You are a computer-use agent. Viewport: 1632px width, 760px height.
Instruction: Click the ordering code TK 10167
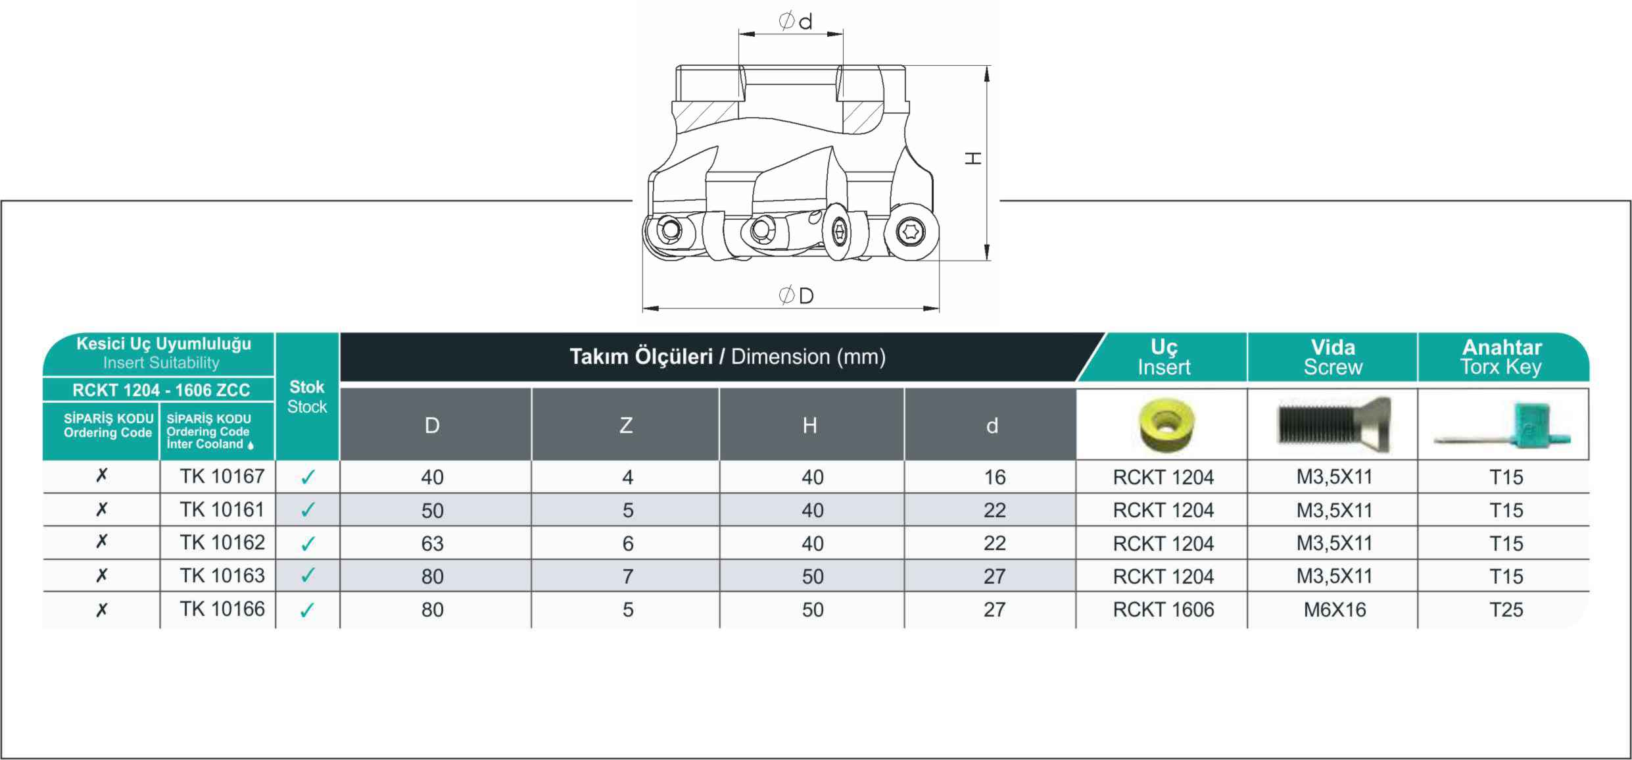[x=222, y=476]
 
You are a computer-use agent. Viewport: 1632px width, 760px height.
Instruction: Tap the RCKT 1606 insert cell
[x=1163, y=610]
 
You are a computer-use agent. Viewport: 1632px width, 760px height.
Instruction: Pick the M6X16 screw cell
[x=1334, y=610]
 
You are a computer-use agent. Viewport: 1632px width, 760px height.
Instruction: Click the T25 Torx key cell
[x=1506, y=610]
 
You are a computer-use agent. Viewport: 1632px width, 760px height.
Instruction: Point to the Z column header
[x=626, y=425]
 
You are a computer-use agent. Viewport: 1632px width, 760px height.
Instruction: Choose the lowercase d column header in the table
[x=992, y=426]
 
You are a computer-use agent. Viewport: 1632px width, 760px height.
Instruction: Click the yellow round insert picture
[x=1167, y=424]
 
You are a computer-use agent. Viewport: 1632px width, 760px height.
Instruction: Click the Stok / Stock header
[x=307, y=397]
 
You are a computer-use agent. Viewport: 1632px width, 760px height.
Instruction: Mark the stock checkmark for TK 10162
[x=307, y=544]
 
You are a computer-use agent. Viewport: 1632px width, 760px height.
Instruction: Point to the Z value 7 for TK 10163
[x=628, y=576]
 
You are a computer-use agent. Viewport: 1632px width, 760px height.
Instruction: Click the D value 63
[x=432, y=544]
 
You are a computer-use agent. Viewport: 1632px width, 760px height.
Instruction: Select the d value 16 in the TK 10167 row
[x=994, y=477]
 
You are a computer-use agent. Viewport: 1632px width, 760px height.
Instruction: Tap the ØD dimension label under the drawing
[x=796, y=295]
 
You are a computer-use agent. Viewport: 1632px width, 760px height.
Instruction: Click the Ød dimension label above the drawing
[x=795, y=21]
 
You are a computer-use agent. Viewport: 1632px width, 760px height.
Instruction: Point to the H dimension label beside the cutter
[x=973, y=158]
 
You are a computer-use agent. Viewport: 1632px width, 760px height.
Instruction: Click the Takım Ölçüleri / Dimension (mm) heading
[x=727, y=357]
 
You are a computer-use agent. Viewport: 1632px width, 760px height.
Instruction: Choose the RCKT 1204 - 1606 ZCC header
[x=161, y=390]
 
